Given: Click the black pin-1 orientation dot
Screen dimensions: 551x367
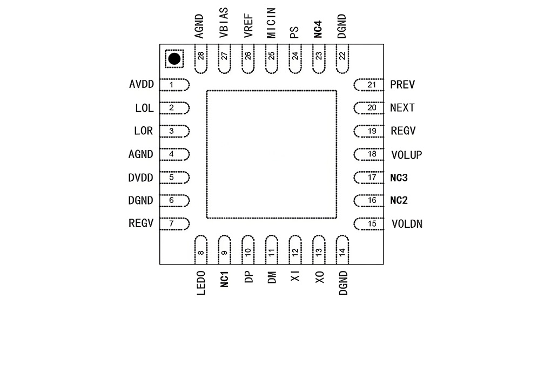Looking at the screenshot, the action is click(174, 59).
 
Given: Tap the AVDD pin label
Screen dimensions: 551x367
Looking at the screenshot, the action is click(142, 84).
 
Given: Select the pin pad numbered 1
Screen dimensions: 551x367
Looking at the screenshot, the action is click(174, 85).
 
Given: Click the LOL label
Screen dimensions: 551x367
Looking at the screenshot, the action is click(144, 108).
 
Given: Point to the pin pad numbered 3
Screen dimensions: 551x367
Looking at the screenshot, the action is click(174, 131).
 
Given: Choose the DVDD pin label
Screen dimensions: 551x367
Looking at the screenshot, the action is click(140, 178).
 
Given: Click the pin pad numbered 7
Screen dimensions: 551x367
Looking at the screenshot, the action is click(174, 224).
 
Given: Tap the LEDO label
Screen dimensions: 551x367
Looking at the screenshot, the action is click(201, 283).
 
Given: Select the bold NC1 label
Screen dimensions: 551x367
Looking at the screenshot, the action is click(225, 279).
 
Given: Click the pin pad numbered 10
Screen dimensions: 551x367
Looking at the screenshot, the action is click(248, 250).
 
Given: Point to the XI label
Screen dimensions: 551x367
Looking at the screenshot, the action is click(295, 276).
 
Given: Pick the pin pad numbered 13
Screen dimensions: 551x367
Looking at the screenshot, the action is click(319, 250).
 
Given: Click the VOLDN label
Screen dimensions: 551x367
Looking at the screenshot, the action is click(407, 224).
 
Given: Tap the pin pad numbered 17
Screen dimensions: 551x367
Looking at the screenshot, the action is click(368, 178).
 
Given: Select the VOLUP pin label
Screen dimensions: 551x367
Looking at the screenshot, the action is click(407, 154).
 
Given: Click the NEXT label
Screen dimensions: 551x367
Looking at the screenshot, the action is click(402, 108).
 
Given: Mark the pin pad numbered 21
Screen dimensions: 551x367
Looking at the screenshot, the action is click(368, 85).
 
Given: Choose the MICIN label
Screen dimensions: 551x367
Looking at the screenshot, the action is click(271, 23).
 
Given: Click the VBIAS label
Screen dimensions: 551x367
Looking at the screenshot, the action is click(224, 23).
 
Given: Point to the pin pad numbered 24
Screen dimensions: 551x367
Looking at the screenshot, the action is click(295, 59).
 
